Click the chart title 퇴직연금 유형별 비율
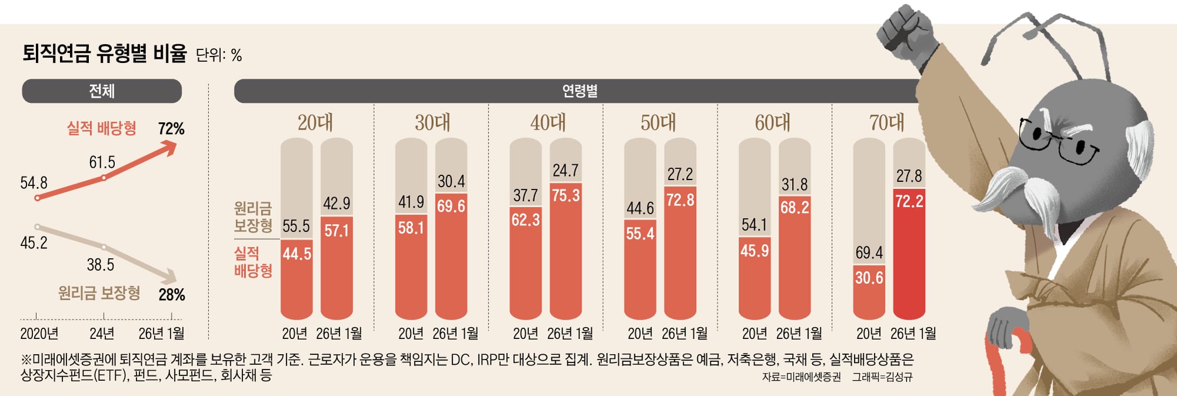click(x=104, y=54)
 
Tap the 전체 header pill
click(x=102, y=91)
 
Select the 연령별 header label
click(x=580, y=91)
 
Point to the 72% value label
click(x=171, y=129)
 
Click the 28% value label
click(x=172, y=295)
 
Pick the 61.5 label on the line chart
click(x=102, y=162)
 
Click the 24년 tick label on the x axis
click(x=102, y=334)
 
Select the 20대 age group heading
click(x=315, y=123)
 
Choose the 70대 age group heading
click(x=887, y=123)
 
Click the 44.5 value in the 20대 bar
click(x=297, y=254)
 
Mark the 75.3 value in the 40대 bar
click(x=566, y=195)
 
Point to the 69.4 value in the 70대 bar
click(x=869, y=253)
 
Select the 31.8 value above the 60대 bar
click(x=794, y=185)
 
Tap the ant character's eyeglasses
click(x=1059, y=141)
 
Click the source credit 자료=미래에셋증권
click(x=801, y=377)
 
